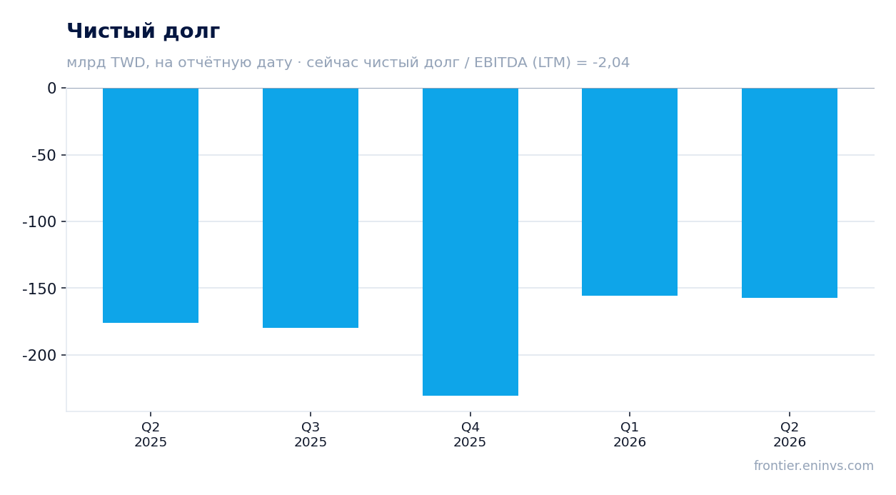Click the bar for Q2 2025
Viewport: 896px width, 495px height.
click(x=151, y=205)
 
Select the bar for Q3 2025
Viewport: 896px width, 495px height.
click(x=311, y=208)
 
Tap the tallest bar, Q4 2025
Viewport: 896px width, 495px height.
click(x=470, y=241)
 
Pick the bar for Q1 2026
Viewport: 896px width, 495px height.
click(x=630, y=191)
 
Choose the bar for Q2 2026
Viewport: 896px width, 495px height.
click(x=790, y=193)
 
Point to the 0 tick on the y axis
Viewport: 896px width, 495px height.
click(x=52, y=89)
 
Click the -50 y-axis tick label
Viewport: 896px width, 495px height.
click(x=44, y=155)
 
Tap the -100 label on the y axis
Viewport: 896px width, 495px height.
click(x=39, y=221)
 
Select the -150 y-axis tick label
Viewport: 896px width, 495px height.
click(x=39, y=289)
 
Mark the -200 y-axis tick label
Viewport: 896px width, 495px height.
click(x=39, y=355)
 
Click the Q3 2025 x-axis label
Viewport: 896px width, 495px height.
click(x=311, y=434)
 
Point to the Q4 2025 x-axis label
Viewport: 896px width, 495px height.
click(x=470, y=434)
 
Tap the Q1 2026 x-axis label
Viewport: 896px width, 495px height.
click(x=630, y=434)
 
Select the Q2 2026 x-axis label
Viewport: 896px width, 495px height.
click(x=790, y=434)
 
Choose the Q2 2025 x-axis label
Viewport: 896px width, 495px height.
click(x=151, y=434)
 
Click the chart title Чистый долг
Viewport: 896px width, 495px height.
click(x=144, y=31)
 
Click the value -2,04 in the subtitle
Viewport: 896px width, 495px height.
click(x=611, y=63)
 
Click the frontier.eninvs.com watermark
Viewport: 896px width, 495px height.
click(x=814, y=466)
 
